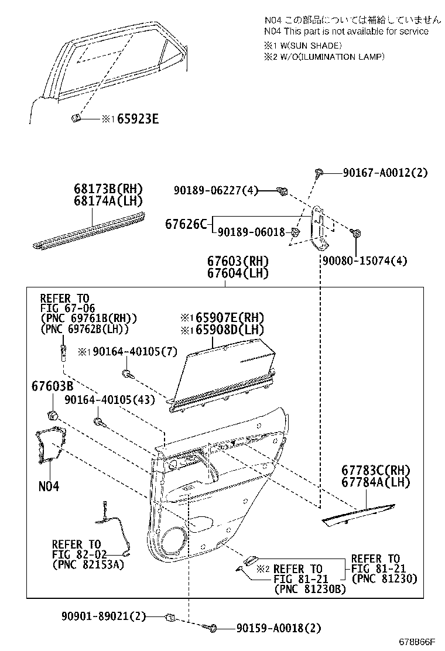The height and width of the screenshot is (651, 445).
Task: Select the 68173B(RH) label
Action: tap(108, 189)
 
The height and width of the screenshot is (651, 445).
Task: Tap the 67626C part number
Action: tap(186, 224)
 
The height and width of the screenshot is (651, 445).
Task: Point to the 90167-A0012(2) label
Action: tap(385, 173)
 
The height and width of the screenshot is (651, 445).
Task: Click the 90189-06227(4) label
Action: tap(215, 190)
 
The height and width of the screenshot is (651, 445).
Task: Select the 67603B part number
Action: tap(52, 387)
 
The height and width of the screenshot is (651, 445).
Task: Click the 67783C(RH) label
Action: tap(375, 471)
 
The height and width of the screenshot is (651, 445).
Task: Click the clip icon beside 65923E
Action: tap(75, 119)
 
